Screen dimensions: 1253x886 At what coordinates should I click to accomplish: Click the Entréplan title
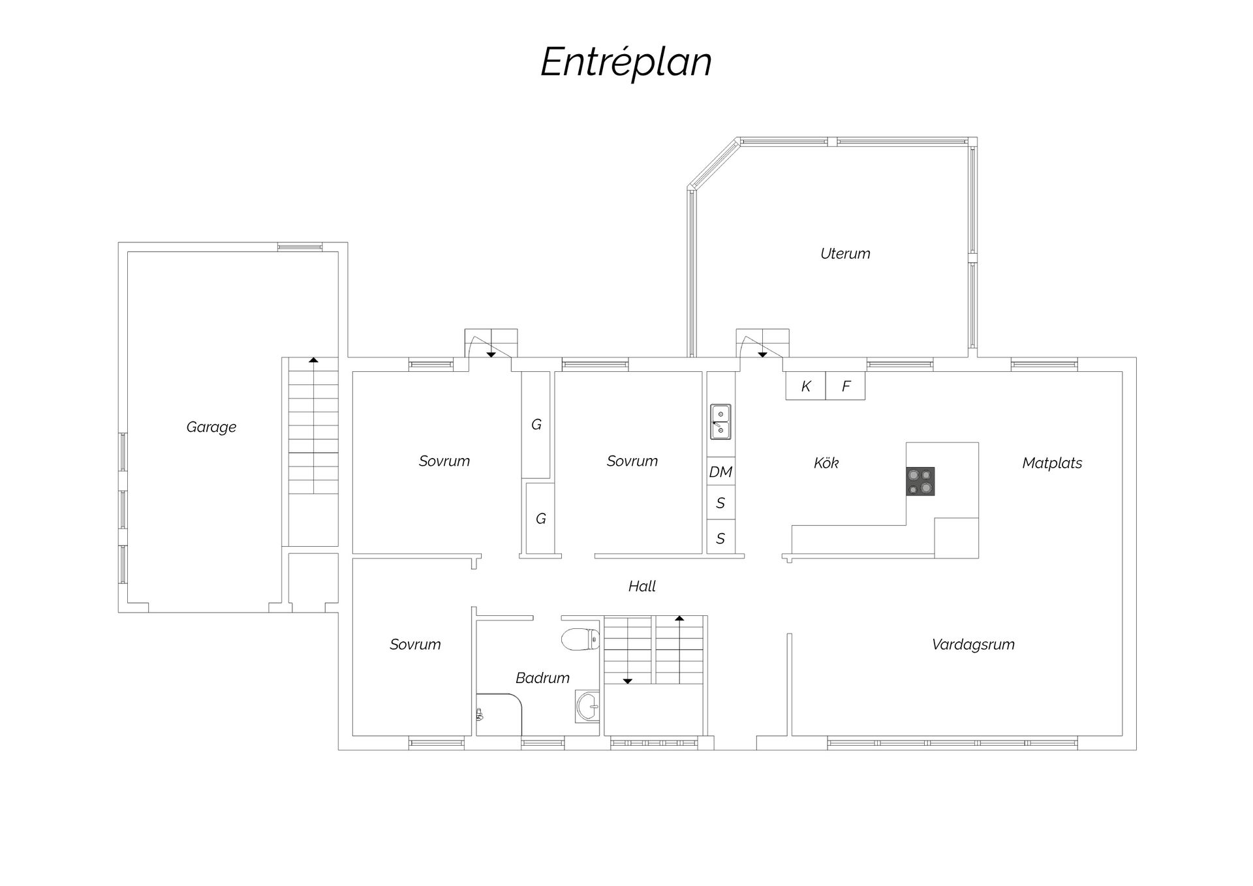pos(626,63)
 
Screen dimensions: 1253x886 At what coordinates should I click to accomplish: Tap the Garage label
pos(211,427)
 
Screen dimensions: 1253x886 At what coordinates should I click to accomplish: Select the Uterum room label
pos(845,253)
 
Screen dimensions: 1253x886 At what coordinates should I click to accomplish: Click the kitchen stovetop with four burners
pos(920,481)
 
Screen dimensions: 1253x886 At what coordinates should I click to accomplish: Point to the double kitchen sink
pos(720,422)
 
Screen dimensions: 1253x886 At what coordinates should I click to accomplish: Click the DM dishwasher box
pos(720,472)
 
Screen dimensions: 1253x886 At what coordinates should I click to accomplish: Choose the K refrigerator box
pos(805,386)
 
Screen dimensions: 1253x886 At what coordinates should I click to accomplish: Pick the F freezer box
pos(846,386)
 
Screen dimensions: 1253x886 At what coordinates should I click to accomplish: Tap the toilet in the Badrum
pos(580,639)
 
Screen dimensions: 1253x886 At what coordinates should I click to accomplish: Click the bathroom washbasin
pos(587,707)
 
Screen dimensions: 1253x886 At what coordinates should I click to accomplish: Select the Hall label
pos(642,587)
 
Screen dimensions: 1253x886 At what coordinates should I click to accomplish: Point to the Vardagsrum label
pos(973,645)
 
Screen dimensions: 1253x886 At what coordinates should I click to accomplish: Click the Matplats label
pos(1052,463)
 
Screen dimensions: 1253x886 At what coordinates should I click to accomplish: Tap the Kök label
pos(826,463)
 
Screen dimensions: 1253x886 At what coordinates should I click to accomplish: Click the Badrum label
pos(542,678)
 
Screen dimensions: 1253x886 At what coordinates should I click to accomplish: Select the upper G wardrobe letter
pos(536,425)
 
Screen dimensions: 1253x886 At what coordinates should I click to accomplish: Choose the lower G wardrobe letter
pos(541,519)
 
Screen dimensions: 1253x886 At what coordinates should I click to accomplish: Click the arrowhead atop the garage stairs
pos(313,359)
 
